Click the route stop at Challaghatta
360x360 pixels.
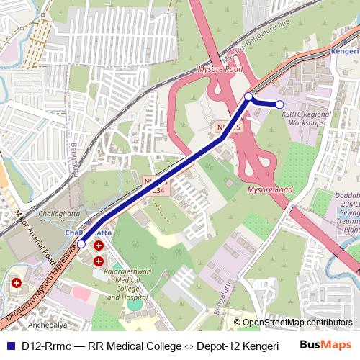coord(81,244)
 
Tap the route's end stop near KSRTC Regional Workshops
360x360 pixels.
coord(280,104)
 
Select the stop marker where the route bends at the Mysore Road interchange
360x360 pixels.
coord(248,96)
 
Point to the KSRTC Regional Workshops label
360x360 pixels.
coord(306,119)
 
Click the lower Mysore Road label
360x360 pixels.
coord(270,189)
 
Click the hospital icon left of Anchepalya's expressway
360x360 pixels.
coord(15,284)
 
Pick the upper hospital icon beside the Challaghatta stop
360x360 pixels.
coord(98,246)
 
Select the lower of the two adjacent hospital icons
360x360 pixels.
coord(98,260)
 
